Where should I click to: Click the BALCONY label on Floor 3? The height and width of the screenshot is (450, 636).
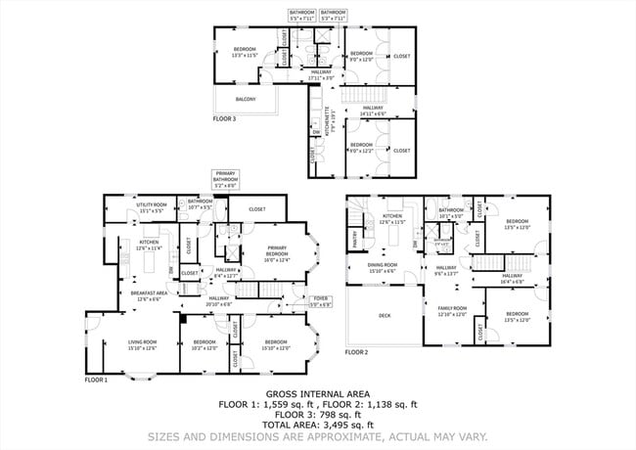[x=246, y=99]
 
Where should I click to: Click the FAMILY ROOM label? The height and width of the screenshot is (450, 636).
[x=452, y=311]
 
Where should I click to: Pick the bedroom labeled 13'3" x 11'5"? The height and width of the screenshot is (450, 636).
[x=244, y=53]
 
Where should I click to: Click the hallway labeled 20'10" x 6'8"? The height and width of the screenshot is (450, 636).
[x=218, y=301]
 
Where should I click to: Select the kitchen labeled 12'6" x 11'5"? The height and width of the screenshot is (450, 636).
[x=392, y=219]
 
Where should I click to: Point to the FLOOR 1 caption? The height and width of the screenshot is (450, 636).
[x=96, y=380]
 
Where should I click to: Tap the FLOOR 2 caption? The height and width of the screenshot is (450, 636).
[x=357, y=352]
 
